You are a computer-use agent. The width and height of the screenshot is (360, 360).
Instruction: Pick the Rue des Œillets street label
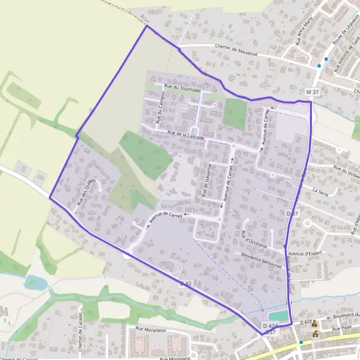click(86, 193)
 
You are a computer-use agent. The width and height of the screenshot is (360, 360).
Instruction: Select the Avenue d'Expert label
click(305, 253)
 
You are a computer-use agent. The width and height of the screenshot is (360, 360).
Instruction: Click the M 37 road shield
click(312, 92)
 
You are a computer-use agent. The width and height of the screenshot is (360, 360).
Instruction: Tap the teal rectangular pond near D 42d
click(278, 315)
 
